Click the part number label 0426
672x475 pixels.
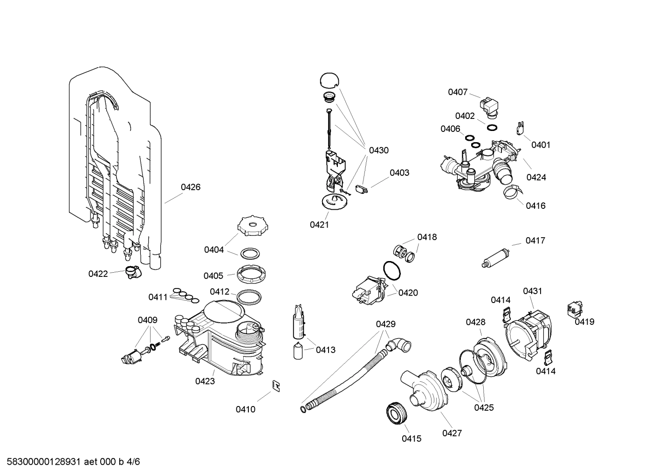tap(191, 187)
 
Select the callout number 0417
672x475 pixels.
tap(535, 241)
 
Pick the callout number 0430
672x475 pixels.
tap(378, 151)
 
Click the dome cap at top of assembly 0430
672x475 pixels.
tap(329, 80)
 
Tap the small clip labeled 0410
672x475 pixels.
tap(276, 386)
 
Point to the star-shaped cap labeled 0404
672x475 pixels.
tap(252, 227)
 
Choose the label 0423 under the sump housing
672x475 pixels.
tap(205, 381)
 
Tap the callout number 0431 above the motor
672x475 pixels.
tap(532, 291)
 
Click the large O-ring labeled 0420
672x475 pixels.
tap(391, 271)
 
